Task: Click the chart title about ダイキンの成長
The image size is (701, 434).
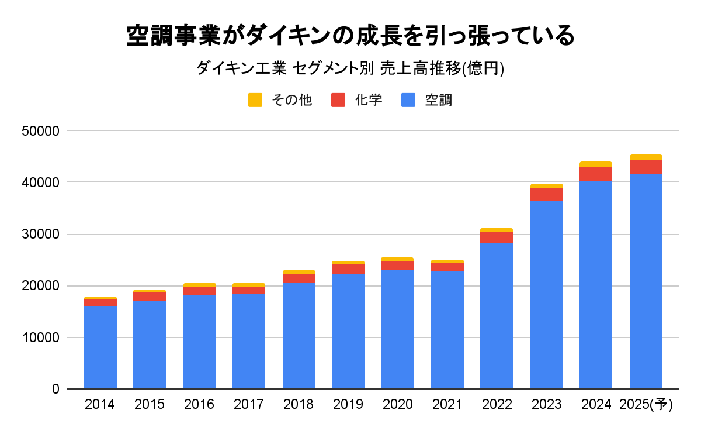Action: pyautogui.click(x=350, y=36)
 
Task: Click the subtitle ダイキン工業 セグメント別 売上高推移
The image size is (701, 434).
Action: pyautogui.click(x=350, y=69)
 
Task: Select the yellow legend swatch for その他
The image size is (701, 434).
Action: pyautogui.click(x=255, y=100)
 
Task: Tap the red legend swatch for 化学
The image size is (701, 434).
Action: pyautogui.click(x=338, y=100)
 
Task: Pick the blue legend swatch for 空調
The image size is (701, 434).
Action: pyautogui.click(x=408, y=100)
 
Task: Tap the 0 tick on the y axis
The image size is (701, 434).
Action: pyautogui.click(x=55, y=389)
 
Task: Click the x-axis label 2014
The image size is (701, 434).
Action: pyautogui.click(x=100, y=404)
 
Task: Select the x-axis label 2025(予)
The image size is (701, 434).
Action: pyautogui.click(x=646, y=404)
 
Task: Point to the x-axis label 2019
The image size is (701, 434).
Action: pyautogui.click(x=348, y=404)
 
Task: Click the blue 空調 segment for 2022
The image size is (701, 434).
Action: pyautogui.click(x=497, y=316)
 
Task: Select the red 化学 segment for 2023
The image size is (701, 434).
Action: pyautogui.click(x=546, y=195)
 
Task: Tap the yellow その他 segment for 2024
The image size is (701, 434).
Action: pyautogui.click(x=596, y=164)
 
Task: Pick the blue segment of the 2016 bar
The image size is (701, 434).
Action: pyautogui.click(x=199, y=342)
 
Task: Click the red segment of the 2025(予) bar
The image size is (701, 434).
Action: pyautogui.click(x=646, y=167)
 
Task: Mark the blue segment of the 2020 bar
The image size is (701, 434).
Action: pyautogui.click(x=397, y=329)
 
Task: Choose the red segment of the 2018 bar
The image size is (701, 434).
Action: pyautogui.click(x=299, y=278)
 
